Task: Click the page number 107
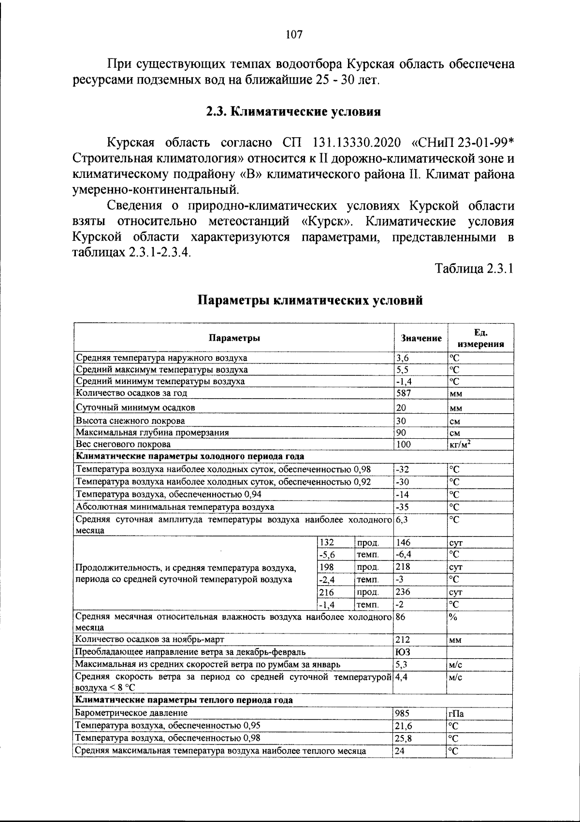tap(294, 34)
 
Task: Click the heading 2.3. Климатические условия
tap(294, 112)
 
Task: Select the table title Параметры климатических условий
tap(311, 300)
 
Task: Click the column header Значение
tap(421, 339)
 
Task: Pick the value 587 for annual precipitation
tap(404, 393)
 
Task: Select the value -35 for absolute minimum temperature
tap(403, 507)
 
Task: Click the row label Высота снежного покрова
tap(130, 420)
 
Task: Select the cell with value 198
tap(327, 567)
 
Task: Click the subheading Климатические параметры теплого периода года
tap(184, 700)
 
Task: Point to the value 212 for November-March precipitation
tap(403, 640)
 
